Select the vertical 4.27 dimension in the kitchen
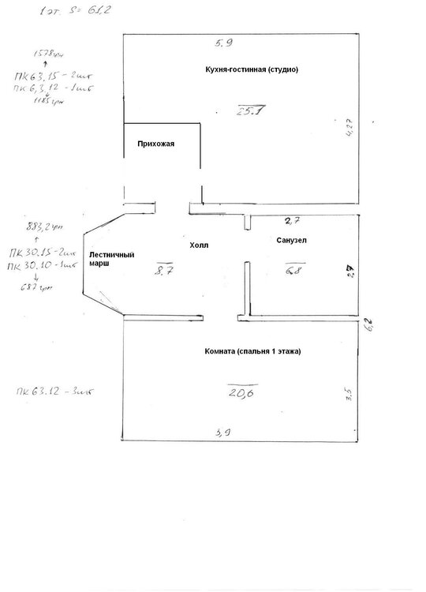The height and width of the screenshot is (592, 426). coord(349,128)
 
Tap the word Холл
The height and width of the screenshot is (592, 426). coord(200,246)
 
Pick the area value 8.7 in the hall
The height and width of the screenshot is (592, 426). coord(165,270)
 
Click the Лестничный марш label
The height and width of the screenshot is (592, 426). coord(110,259)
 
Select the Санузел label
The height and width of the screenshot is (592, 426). coord(291,239)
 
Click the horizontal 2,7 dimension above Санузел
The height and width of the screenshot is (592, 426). coord(293,220)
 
